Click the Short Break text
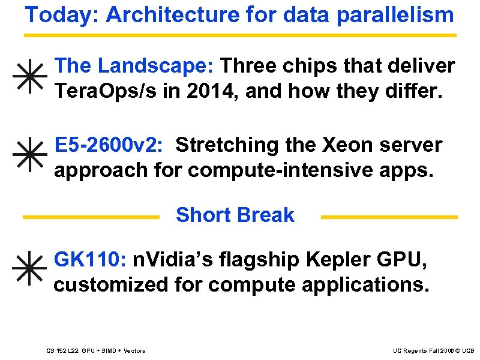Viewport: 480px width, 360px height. coord(235,215)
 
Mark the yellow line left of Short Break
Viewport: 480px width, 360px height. coord(91,217)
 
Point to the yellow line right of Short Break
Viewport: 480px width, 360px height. coord(389,217)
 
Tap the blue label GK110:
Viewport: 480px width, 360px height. coord(90,259)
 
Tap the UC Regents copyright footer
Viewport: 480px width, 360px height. coord(433,350)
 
